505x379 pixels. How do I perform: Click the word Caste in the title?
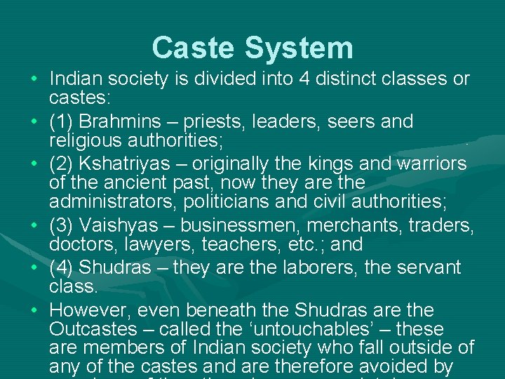[x=193, y=48]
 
